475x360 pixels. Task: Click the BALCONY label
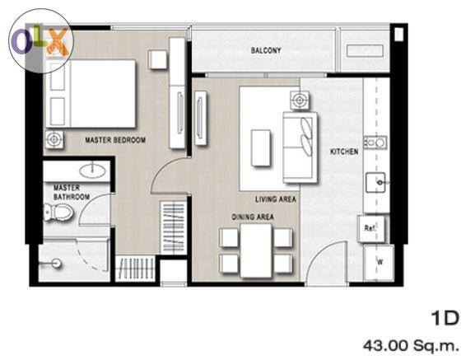tap(266, 50)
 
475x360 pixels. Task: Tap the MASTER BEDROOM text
tap(115, 140)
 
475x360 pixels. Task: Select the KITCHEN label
tap(344, 152)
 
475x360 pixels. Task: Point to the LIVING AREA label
tap(275, 199)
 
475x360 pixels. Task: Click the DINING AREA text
tap(253, 217)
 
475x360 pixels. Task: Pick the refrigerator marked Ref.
tap(371, 228)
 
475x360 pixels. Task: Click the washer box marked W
tap(379, 263)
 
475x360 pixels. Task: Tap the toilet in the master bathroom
tap(58, 212)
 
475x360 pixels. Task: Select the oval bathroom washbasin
tap(93, 171)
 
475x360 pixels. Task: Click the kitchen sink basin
tap(375, 182)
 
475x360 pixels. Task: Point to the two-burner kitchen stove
tap(375, 143)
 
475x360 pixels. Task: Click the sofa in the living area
tap(300, 147)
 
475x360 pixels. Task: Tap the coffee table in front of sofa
tap(261, 148)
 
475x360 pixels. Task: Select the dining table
tap(256, 250)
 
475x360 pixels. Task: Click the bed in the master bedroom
tap(91, 94)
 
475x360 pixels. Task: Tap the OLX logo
tap(41, 41)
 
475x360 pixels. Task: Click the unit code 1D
tap(445, 319)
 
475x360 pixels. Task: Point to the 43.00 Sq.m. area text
tap(411, 345)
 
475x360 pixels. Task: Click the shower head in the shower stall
tap(56, 263)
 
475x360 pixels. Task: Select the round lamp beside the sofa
tap(300, 100)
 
